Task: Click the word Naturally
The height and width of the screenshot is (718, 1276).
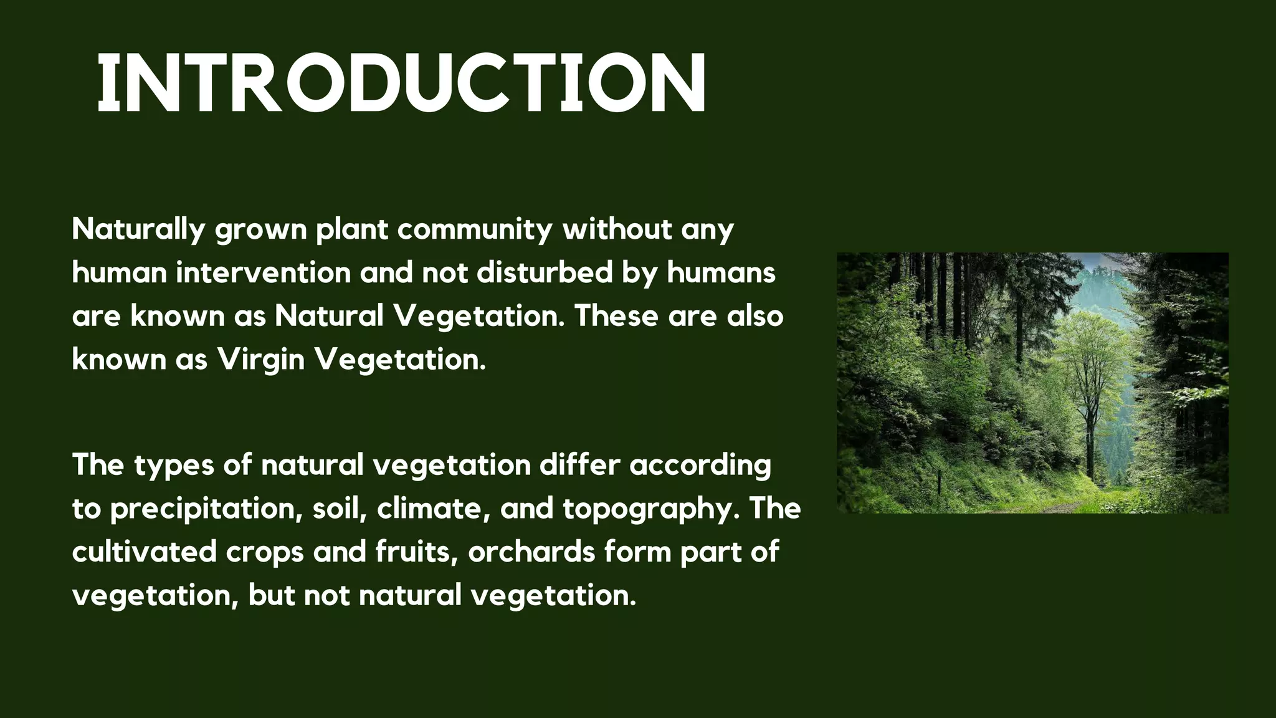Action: tap(138, 229)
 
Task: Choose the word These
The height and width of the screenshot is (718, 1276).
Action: tap(616, 316)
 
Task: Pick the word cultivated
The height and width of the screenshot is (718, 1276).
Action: tap(144, 552)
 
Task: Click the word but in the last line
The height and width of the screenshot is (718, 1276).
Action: tap(271, 595)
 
